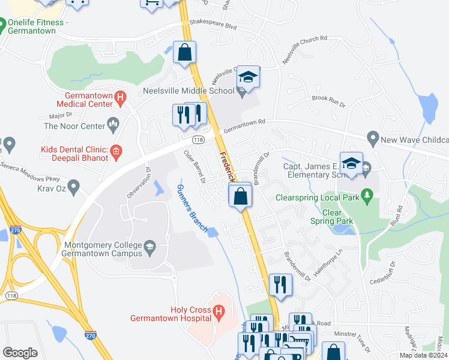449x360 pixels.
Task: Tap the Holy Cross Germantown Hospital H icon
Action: [219, 312]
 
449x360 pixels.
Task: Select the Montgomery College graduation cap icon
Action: [151, 246]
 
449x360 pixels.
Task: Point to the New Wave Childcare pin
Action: [373, 139]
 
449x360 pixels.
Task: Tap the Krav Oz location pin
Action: [73, 187]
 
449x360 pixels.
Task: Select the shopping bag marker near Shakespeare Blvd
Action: [185, 52]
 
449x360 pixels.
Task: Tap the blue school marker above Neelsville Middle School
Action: [248, 77]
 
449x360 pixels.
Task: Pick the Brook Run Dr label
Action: [328, 100]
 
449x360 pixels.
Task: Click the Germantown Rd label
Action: [244, 125]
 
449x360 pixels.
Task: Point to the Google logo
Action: [20, 352]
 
